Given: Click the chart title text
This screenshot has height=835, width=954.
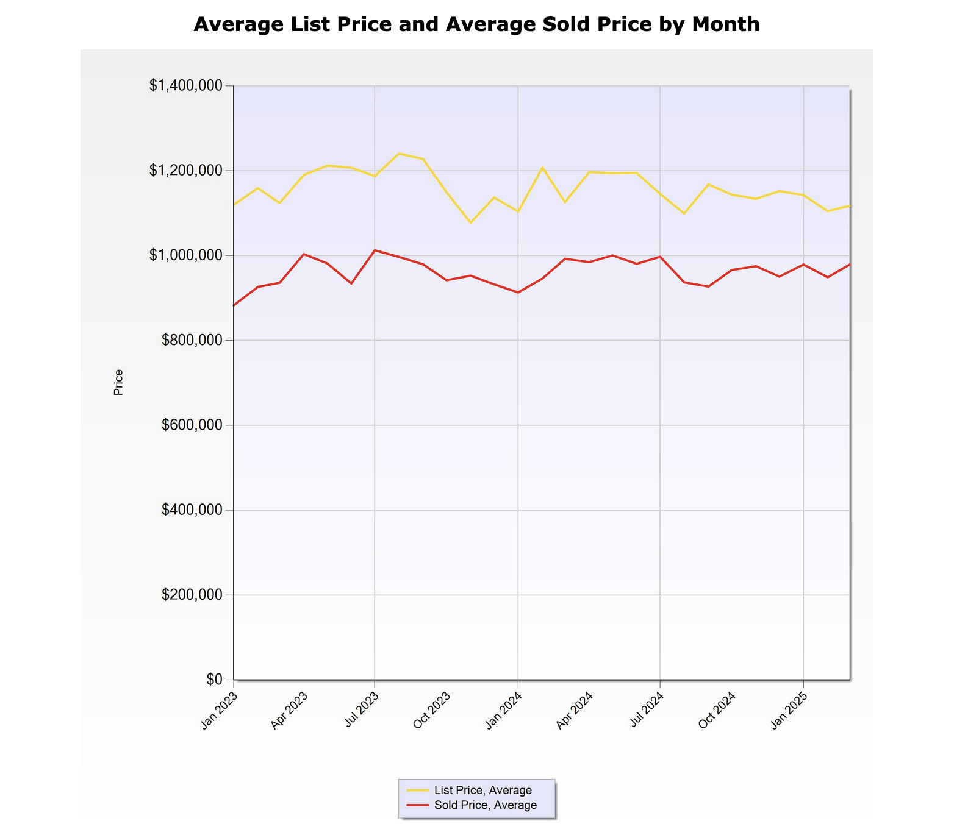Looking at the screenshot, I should [x=476, y=24].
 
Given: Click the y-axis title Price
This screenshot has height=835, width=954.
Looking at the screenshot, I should [x=118, y=382].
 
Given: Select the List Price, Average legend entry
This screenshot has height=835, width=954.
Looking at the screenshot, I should [x=482, y=791].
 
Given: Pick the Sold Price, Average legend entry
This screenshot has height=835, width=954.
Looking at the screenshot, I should [x=485, y=805].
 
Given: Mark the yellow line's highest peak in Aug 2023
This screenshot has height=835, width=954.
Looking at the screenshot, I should [x=399, y=154].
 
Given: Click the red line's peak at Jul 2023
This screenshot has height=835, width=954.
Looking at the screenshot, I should [x=375, y=250].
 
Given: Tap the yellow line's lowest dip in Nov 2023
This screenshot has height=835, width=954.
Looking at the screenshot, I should [x=470, y=222].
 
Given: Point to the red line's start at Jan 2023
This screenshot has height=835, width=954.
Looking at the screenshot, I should [x=234, y=305].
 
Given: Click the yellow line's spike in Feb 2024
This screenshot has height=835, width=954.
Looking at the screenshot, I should [x=542, y=168].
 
